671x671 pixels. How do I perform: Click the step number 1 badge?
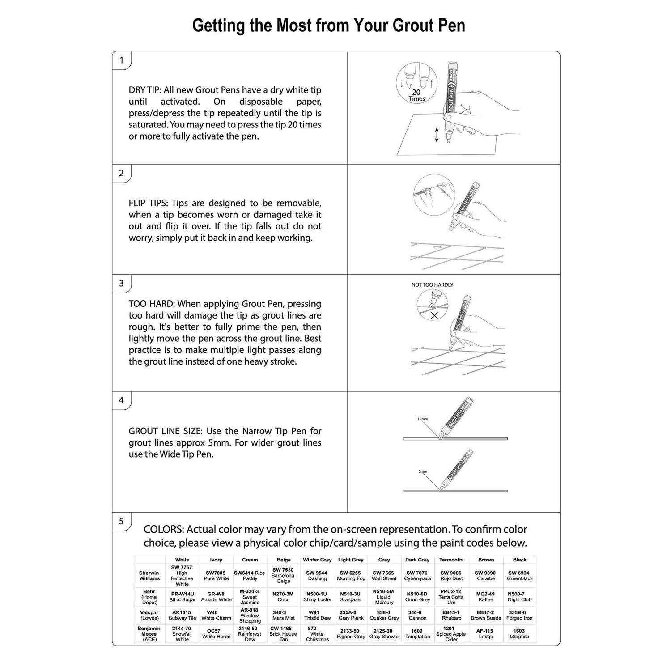coord(121,60)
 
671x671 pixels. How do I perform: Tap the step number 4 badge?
coord(121,400)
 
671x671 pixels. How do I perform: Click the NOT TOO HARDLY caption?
coord(432,285)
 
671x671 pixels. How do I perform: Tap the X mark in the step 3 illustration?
coord(434,315)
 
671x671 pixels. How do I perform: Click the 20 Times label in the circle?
coord(416,95)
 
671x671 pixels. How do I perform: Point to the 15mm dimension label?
coord(423,419)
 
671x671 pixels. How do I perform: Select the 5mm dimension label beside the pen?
coord(423,471)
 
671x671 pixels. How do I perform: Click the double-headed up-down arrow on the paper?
coord(437,135)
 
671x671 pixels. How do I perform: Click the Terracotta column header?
coord(451,560)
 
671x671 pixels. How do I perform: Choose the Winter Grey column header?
coord(317,560)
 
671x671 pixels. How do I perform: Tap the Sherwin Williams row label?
coord(149,576)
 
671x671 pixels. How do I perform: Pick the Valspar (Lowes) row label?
coord(149,615)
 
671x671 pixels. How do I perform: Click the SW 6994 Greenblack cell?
coord(519,576)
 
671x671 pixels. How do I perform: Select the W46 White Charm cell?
coord(216,615)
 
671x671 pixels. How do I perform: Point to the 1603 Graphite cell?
coord(519,634)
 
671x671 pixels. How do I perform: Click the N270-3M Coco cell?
coord(283,597)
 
